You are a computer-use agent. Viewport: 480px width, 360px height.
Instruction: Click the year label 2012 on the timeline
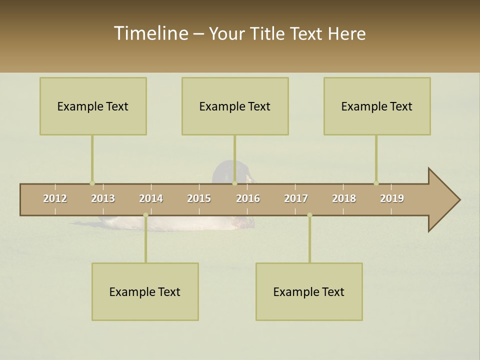click(55, 198)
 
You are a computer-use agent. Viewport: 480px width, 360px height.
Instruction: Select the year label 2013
click(103, 198)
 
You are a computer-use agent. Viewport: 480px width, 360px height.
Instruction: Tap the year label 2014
click(151, 198)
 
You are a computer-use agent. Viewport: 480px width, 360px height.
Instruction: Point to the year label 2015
click(199, 198)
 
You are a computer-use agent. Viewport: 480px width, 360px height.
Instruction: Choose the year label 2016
click(248, 198)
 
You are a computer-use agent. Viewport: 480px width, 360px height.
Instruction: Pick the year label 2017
click(296, 198)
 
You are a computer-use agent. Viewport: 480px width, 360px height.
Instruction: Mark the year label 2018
click(344, 198)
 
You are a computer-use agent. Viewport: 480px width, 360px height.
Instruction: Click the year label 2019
click(392, 198)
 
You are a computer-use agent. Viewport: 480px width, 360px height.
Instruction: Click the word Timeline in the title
click(150, 33)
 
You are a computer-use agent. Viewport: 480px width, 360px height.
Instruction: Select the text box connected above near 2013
click(93, 106)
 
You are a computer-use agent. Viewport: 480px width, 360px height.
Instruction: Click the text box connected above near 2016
click(235, 106)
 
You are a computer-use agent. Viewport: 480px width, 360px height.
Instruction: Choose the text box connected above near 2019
click(377, 106)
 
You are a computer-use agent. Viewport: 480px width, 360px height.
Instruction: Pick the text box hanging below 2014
click(145, 291)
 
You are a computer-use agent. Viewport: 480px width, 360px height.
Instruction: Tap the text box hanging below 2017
click(309, 291)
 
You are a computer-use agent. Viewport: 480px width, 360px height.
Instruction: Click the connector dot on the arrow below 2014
click(145, 215)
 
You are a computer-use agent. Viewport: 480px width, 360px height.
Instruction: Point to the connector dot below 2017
click(309, 215)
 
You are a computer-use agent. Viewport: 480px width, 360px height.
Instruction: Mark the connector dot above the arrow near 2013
click(92, 183)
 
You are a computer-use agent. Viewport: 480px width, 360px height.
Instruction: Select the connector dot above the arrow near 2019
click(376, 183)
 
